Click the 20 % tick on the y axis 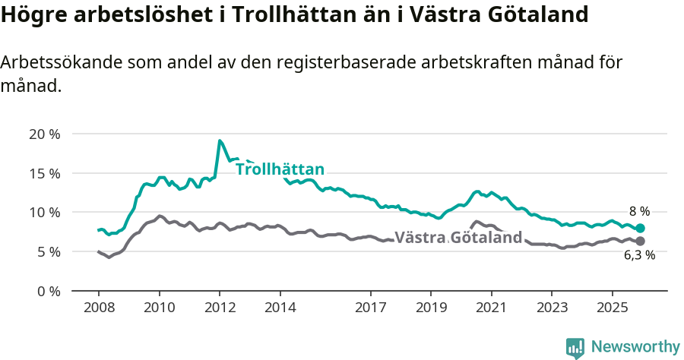pyautogui.click(x=45, y=134)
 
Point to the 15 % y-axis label pyautogui.click(x=45, y=173)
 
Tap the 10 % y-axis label pyautogui.click(x=45, y=213)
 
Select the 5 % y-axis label pyautogui.click(x=49, y=251)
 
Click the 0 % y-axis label pyautogui.click(x=49, y=291)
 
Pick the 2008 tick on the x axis pyautogui.click(x=99, y=308)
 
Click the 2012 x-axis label pyautogui.click(x=220, y=308)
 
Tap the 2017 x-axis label pyautogui.click(x=370, y=308)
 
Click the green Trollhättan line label pyautogui.click(x=280, y=169)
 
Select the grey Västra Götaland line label pyautogui.click(x=458, y=238)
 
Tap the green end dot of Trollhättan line pyautogui.click(x=640, y=228)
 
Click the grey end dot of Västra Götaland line pyautogui.click(x=640, y=242)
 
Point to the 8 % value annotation pyautogui.click(x=639, y=211)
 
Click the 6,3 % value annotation pyautogui.click(x=639, y=256)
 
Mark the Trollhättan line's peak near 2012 pyautogui.click(x=220, y=141)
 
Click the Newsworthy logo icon pyautogui.click(x=575, y=348)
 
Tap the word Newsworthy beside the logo pyautogui.click(x=635, y=347)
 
